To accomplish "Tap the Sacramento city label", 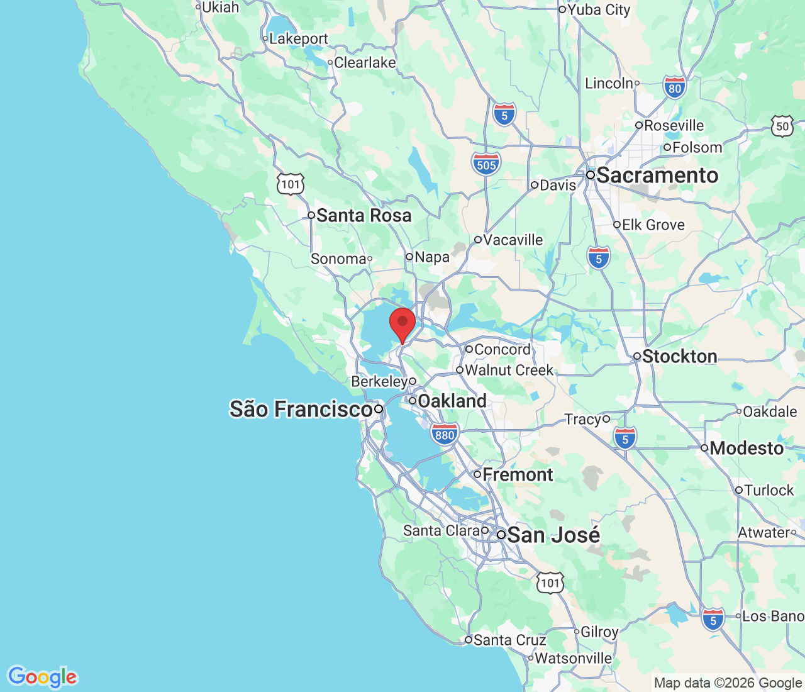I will pyautogui.click(x=657, y=176).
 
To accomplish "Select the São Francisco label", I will pyautogui.click(x=301, y=410).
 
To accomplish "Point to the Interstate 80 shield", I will pyautogui.click(x=675, y=88).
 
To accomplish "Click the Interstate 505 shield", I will pyautogui.click(x=486, y=164).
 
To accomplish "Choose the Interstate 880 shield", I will pyautogui.click(x=445, y=434).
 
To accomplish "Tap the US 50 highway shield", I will pyautogui.click(x=782, y=126).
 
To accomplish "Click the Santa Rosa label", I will pyautogui.click(x=364, y=216).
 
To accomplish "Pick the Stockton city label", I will pyautogui.click(x=679, y=357).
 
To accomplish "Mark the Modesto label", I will pyautogui.click(x=747, y=449).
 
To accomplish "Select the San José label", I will pyautogui.click(x=553, y=535).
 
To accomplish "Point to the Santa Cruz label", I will pyautogui.click(x=509, y=640).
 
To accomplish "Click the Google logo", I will pyautogui.click(x=42, y=677).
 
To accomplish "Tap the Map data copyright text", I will pyautogui.click(x=728, y=683).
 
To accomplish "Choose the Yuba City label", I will pyautogui.click(x=599, y=10).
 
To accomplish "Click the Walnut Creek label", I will pyautogui.click(x=509, y=371).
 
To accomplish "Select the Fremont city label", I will pyautogui.click(x=518, y=475).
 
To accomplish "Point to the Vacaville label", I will pyautogui.click(x=513, y=240).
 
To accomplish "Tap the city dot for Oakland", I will pyautogui.click(x=413, y=401).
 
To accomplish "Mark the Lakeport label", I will pyautogui.click(x=299, y=39).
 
